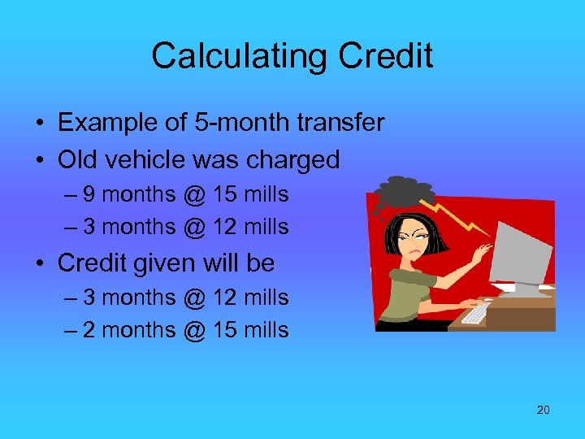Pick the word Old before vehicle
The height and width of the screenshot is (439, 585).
(x=78, y=159)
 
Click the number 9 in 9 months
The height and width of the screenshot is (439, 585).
(x=89, y=195)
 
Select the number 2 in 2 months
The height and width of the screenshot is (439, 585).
(x=89, y=330)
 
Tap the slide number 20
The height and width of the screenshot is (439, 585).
(x=543, y=410)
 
